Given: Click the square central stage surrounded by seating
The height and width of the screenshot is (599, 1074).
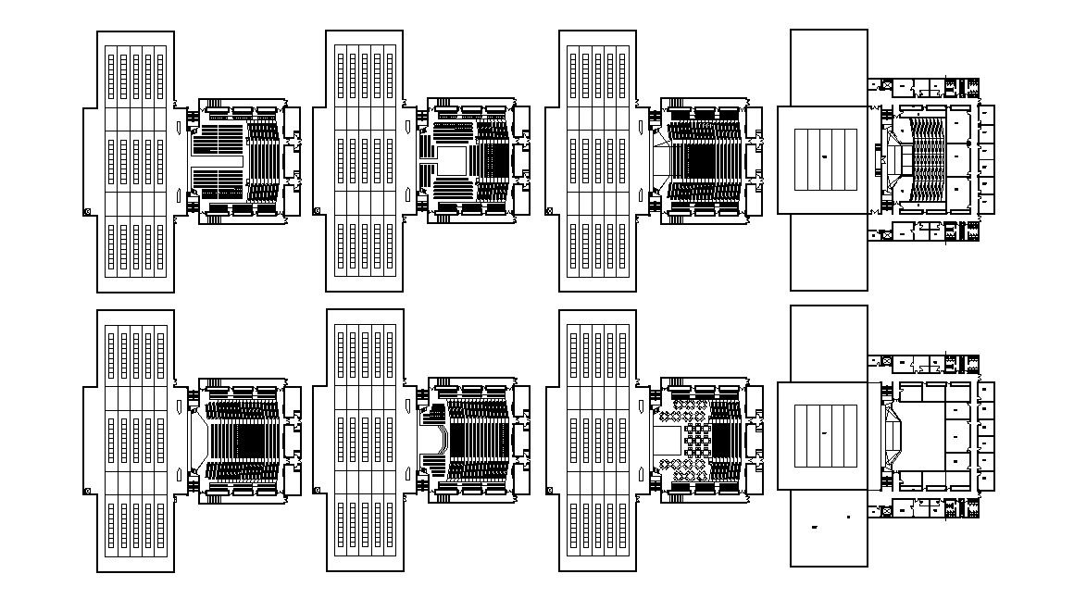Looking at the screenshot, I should click(x=451, y=160).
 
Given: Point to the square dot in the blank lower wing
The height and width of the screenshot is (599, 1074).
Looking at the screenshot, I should click(x=848, y=517).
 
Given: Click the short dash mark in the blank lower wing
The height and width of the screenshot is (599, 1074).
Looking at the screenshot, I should click(x=815, y=527).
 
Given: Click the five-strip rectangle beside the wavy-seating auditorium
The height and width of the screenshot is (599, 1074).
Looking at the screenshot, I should click(x=826, y=159).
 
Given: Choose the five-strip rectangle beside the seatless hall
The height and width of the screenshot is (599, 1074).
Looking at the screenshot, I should click(x=826, y=435).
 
